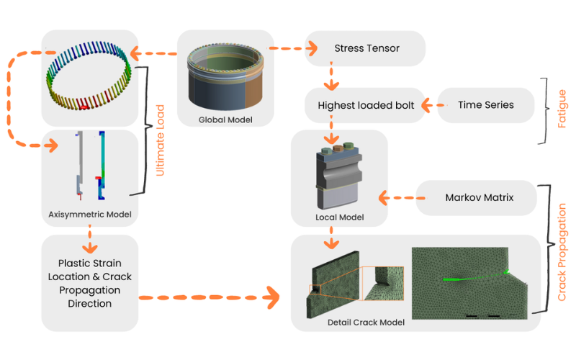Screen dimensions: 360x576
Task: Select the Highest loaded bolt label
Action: [366, 105]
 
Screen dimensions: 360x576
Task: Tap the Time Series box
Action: [486, 105]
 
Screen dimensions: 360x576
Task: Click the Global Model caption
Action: [225, 119]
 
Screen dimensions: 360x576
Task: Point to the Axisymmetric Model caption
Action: [89, 214]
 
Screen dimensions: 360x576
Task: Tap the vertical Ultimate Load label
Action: [161, 140]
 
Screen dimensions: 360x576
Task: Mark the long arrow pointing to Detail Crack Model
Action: [209, 296]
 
